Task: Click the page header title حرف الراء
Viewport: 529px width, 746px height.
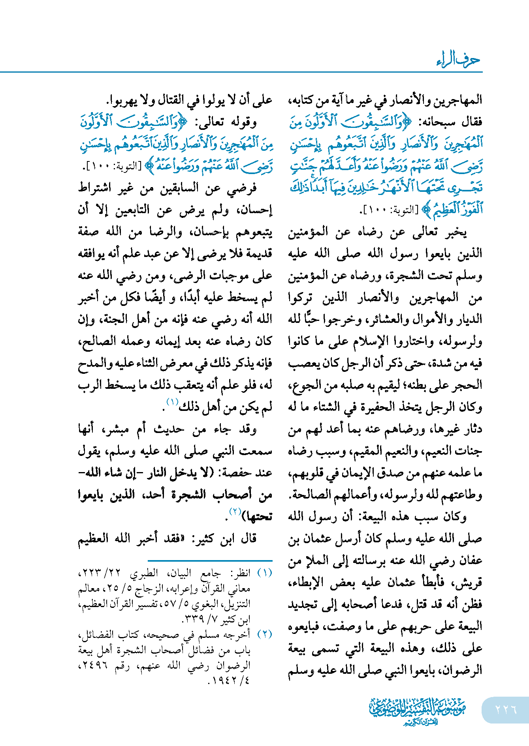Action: click(x=458, y=60)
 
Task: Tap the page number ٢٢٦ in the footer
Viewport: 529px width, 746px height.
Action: click(x=506, y=709)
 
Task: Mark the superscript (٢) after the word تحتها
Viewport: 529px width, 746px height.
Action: click(x=235, y=512)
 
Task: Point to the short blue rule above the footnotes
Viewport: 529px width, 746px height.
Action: click(x=210, y=560)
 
